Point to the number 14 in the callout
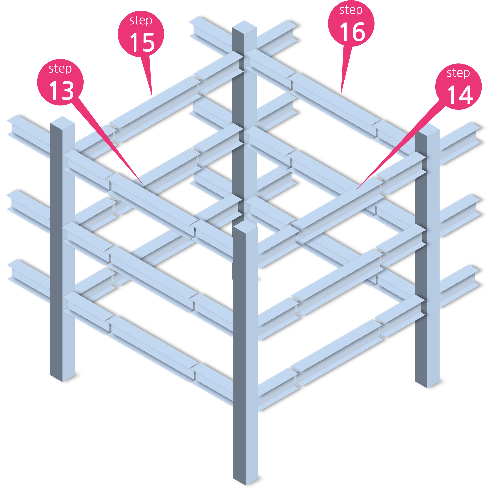[x=460, y=95]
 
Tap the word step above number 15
[x=141, y=21]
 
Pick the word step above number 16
[x=351, y=10]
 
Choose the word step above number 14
[x=458, y=73]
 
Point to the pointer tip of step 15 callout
[x=152, y=97]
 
